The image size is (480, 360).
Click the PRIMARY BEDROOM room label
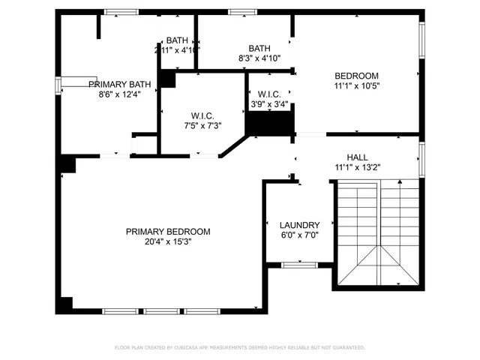click(x=168, y=232)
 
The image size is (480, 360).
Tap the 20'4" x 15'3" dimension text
click(x=168, y=242)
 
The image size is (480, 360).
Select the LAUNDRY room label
click(x=299, y=225)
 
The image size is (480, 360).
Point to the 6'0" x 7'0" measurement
click(x=299, y=235)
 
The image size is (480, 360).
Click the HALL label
click(x=357, y=157)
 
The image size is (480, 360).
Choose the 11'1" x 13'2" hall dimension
click(x=357, y=167)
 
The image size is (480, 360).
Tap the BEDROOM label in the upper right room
click(x=356, y=76)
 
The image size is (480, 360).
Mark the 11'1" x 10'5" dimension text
click(x=356, y=86)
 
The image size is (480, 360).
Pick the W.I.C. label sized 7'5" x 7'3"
click(x=202, y=115)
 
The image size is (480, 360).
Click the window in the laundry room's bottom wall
click(x=299, y=265)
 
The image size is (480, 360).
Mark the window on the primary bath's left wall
click(x=58, y=85)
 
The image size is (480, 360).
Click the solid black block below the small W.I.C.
click(x=269, y=124)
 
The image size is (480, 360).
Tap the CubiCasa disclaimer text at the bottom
click(x=239, y=347)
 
